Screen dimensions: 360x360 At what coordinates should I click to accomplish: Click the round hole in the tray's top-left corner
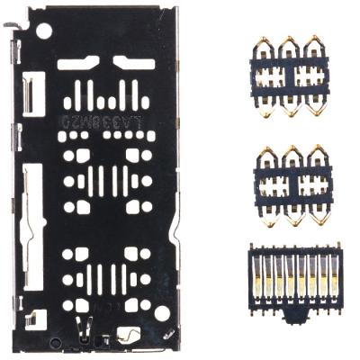click(43, 31)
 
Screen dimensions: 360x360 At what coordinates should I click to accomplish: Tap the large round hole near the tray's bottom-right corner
click(162, 313)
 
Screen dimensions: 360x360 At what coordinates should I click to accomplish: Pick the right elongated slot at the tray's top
click(132, 64)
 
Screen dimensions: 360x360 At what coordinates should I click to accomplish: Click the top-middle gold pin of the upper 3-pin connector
click(290, 45)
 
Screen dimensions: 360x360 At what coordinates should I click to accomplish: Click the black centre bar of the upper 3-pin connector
click(290, 77)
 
